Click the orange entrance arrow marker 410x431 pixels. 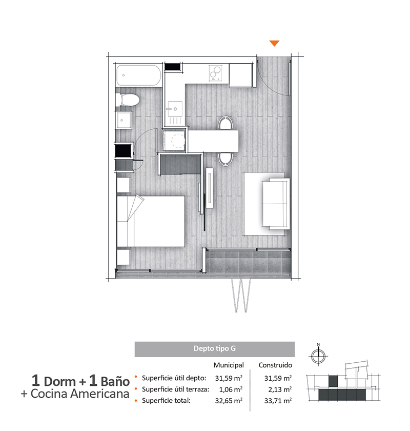274,43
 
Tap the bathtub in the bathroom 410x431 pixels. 139,75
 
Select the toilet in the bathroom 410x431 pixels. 127,100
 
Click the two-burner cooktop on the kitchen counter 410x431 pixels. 215,73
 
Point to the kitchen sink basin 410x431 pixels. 175,109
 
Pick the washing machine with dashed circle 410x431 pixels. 174,140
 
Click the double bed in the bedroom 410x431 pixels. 151,221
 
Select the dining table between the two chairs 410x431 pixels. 213,141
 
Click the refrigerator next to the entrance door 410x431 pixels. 240,75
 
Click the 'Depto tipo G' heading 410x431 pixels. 214,348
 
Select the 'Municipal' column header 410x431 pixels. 229,365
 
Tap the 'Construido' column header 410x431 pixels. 275,365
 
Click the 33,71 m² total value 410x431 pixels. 278,401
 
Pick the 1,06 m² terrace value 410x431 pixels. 231,389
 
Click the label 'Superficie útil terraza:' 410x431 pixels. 175,389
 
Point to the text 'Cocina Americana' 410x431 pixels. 80,394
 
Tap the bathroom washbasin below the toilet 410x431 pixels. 124,120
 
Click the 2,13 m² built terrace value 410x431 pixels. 280,389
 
